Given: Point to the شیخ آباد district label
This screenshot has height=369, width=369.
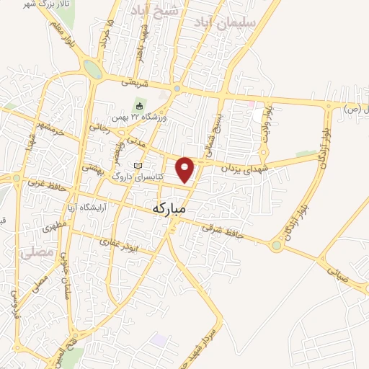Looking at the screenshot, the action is tap(155, 11).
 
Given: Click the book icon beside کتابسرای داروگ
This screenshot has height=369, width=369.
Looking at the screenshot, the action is tap(138, 166).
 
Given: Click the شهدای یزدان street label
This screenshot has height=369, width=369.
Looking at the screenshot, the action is tap(231, 161).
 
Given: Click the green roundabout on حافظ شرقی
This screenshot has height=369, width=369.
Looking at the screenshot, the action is tap(276, 246).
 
